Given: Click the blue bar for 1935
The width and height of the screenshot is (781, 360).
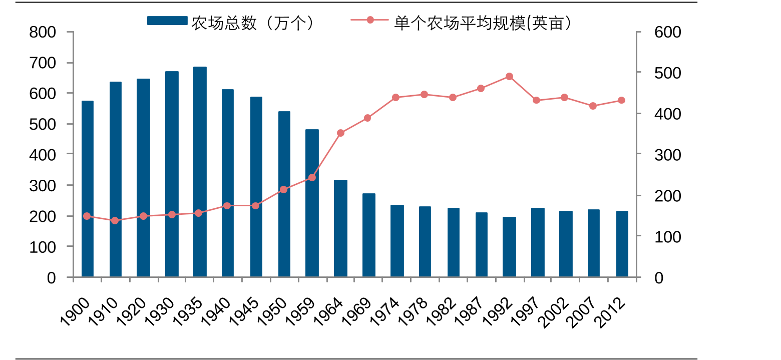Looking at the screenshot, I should click(x=200, y=172).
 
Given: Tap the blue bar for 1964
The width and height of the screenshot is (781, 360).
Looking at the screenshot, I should click(x=340, y=228).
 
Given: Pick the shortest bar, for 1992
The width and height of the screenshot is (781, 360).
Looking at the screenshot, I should click(x=509, y=247).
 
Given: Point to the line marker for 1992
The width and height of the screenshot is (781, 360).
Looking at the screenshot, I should click(x=509, y=77).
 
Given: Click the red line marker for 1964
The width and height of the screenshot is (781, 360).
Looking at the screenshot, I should click(x=340, y=133).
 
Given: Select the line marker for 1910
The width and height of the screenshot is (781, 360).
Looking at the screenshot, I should click(x=115, y=221).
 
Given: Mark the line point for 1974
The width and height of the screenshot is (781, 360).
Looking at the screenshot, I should click(x=396, y=98).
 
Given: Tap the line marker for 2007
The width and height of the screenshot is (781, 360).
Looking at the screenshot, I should click(x=593, y=106).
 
